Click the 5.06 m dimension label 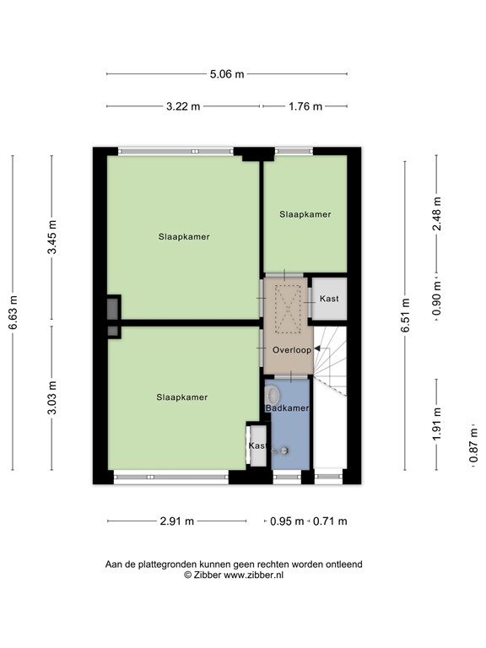(x=227, y=74)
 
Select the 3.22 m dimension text (x=184, y=106)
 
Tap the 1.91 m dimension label (x=436, y=425)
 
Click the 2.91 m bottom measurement (x=177, y=521)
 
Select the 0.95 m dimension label (x=288, y=521)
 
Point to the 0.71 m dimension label (x=330, y=521)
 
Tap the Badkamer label (x=287, y=408)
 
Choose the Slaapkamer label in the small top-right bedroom (x=305, y=214)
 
